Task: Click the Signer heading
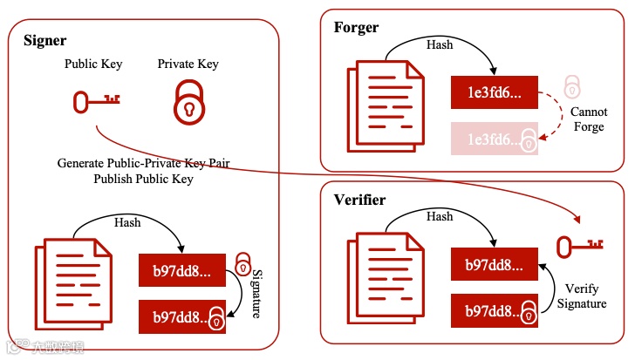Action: point(44,40)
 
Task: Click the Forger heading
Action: point(356,27)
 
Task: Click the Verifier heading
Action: point(360,200)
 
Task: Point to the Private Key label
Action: point(188,64)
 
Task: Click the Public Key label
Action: point(94,64)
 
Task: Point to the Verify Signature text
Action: point(582,296)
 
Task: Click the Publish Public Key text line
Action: point(143,179)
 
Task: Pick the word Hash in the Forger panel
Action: point(440,44)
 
